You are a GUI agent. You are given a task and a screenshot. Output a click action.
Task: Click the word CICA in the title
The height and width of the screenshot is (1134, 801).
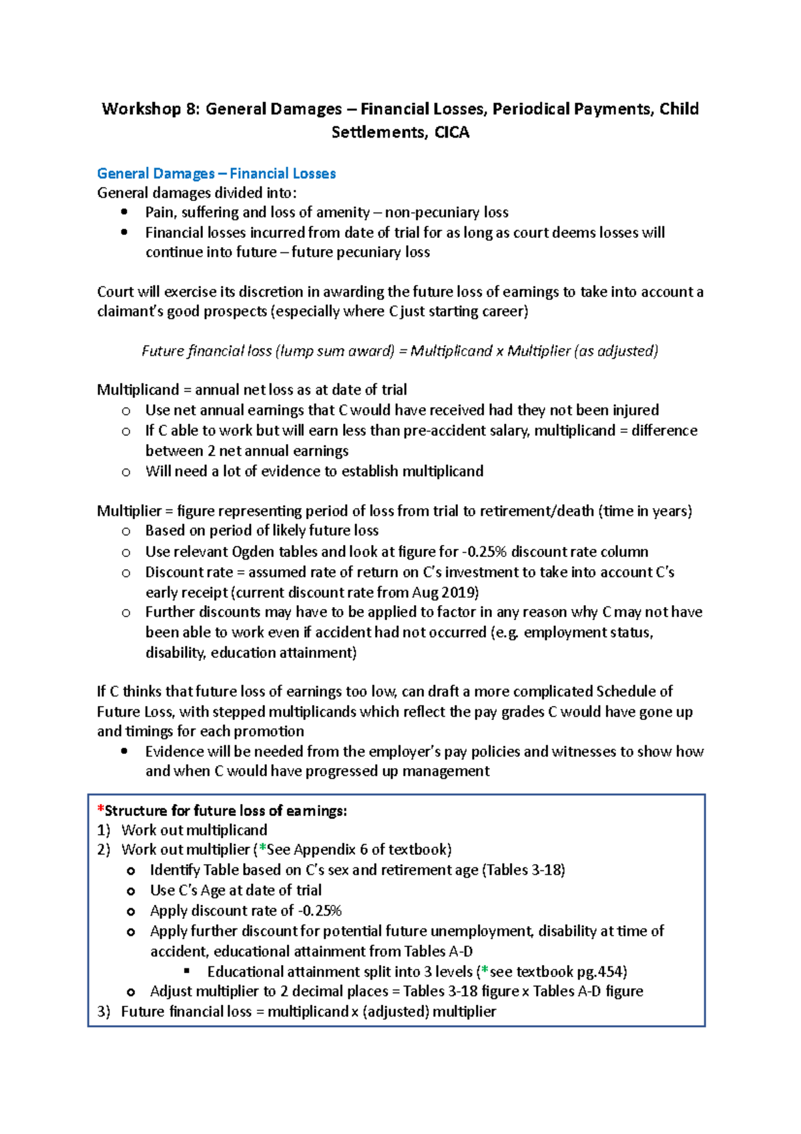pos(452,132)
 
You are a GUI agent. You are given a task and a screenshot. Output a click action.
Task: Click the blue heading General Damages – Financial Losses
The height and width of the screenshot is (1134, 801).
pos(216,174)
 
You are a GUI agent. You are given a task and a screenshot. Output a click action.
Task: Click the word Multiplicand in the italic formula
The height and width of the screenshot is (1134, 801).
pos(451,351)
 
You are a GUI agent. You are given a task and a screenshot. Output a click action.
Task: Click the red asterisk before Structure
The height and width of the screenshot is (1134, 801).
pos(101,810)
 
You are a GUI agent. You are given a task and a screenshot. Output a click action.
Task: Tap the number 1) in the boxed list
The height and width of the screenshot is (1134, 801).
pos(103,830)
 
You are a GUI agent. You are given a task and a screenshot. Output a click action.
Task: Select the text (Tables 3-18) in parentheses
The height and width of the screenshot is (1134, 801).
pos(523,870)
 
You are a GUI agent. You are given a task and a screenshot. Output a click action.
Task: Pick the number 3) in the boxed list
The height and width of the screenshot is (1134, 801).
pos(103,1012)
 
